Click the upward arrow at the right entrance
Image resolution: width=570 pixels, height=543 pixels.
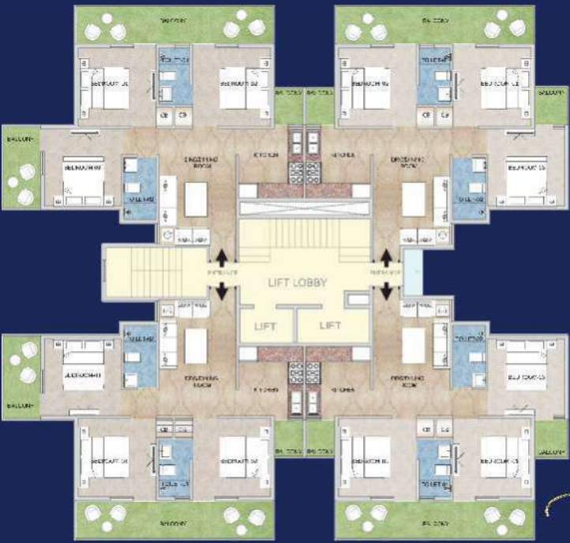click(386, 257)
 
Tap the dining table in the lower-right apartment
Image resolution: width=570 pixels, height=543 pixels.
click(414, 345)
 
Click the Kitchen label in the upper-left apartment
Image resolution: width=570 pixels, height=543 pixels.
click(266, 155)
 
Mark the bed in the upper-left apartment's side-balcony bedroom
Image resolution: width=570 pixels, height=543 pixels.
click(82, 179)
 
